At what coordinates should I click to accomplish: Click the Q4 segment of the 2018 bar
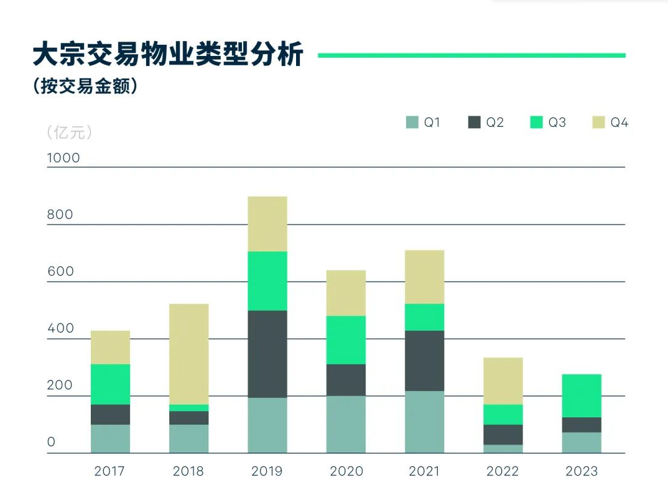188,354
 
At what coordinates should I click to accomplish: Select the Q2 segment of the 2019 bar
267,354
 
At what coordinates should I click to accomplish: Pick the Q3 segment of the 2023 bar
582,395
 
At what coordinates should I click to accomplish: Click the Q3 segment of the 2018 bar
188,408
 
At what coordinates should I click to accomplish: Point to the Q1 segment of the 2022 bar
503,448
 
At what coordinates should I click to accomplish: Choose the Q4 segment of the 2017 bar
110,347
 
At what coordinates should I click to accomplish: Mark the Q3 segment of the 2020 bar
346,340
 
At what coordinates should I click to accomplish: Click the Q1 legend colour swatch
412,122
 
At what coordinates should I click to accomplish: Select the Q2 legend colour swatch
475,122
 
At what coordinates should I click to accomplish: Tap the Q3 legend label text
557,122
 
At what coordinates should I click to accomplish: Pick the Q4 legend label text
619,122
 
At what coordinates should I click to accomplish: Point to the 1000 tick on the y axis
63,158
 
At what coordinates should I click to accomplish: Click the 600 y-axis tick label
60,272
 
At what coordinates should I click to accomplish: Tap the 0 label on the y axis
52,443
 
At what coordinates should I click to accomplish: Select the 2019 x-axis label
267,471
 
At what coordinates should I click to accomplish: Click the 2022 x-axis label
503,471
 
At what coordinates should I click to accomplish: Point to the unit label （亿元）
69,132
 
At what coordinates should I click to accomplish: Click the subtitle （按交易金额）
85,86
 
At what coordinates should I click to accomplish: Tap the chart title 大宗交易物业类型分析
168,55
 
